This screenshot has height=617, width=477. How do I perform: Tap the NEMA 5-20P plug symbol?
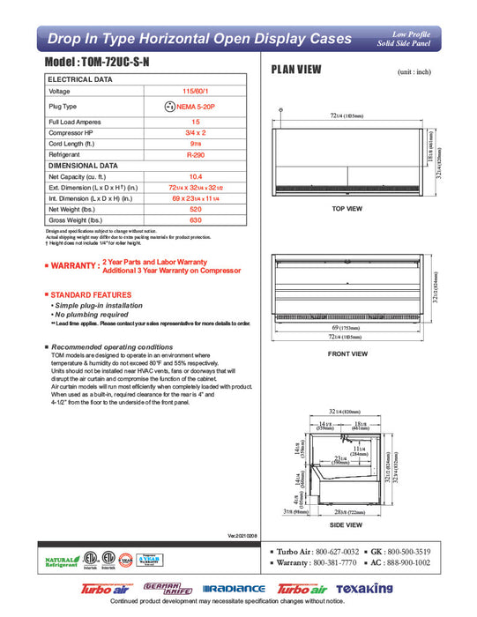click(x=170, y=107)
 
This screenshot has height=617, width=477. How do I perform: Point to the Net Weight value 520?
click(x=196, y=210)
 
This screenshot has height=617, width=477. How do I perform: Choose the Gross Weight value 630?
click(x=196, y=220)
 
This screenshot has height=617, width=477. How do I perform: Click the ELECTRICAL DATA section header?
click(x=80, y=79)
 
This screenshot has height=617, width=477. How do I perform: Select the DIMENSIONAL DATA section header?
click(x=83, y=165)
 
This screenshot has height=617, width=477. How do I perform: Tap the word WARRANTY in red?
click(x=75, y=264)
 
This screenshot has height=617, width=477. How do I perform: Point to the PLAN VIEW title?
click(x=295, y=70)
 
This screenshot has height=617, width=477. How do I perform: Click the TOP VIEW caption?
click(x=347, y=209)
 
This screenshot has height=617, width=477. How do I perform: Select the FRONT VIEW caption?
click(x=347, y=353)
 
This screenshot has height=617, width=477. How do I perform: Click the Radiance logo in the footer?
click(x=234, y=588)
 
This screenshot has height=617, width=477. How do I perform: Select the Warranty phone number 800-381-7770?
click(x=338, y=561)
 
